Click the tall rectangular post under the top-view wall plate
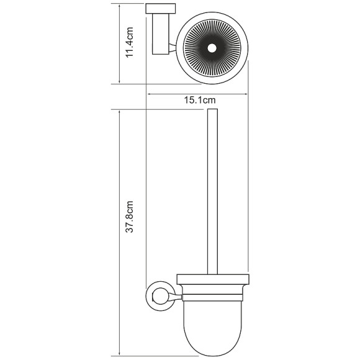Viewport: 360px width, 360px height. tap(157, 35)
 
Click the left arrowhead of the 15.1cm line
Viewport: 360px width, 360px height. tap(148, 94)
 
